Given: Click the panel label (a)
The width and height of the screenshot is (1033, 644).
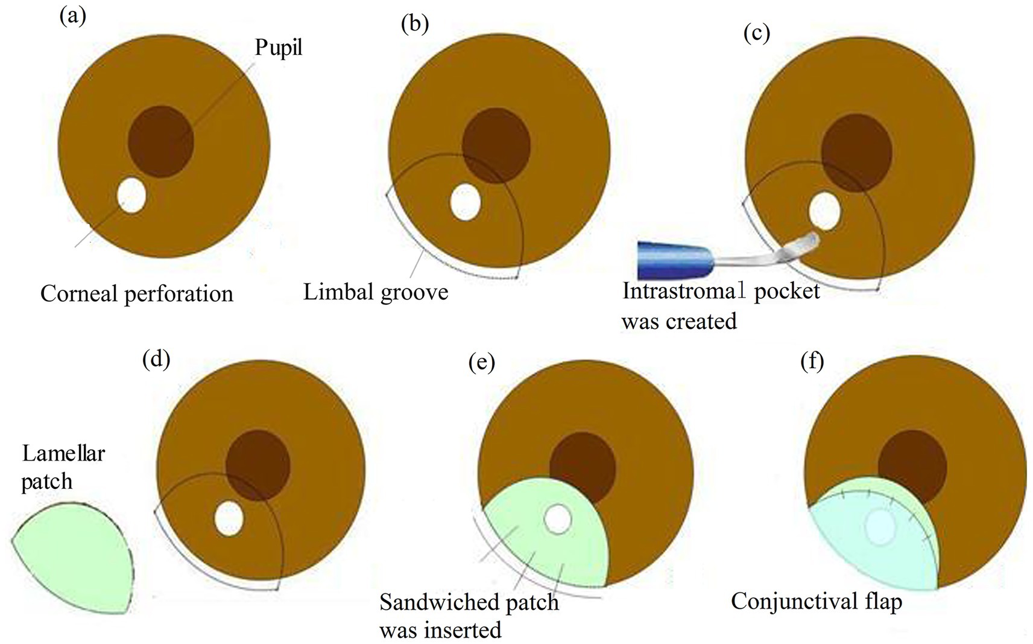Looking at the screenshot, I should pyautogui.click(x=72, y=16).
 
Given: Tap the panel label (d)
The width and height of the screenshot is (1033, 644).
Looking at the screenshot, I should pyautogui.click(x=156, y=359).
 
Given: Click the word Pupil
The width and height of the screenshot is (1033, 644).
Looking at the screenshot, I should pyautogui.click(x=278, y=47).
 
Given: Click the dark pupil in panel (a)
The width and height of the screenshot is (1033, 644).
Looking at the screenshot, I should pyautogui.click(x=160, y=142).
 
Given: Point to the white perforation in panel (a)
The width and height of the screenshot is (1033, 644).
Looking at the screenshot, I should pyautogui.click(x=132, y=195).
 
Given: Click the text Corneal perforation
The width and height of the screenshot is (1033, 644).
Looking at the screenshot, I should pyautogui.click(x=137, y=294).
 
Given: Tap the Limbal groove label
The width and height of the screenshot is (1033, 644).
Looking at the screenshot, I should pyautogui.click(x=375, y=292).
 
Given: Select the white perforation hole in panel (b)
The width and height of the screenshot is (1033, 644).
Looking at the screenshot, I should pyautogui.click(x=465, y=202).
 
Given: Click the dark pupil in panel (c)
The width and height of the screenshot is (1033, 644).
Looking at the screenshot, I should pyautogui.click(x=856, y=153).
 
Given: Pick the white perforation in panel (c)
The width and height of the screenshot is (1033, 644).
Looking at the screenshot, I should pyautogui.click(x=824, y=211).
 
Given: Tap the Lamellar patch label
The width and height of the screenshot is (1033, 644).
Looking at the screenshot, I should pyautogui.click(x=63, y=467).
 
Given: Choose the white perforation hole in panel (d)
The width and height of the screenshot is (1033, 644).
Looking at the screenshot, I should pyautogui.click(x=229, y=519).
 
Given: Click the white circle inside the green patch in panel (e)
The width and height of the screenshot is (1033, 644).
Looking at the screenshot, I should pyautogui.click(x=557, y=519).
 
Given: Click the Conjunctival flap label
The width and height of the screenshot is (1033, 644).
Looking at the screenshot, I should pyautogui.click(x=817, y=601).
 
